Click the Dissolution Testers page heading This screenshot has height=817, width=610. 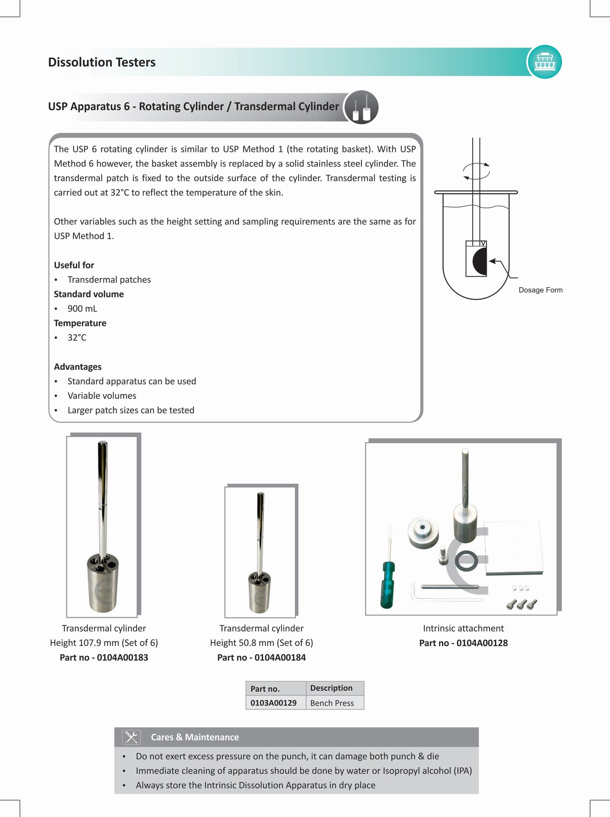tap(102, 62)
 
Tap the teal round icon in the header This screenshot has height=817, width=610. tap(545, 62)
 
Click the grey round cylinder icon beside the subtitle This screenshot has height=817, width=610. tap(361, 107)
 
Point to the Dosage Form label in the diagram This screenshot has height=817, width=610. tap(540, 290)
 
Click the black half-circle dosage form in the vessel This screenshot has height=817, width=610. tap(480, 262)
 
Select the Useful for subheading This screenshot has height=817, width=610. tap(74, 265)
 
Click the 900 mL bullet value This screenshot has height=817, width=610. tap(82, 309)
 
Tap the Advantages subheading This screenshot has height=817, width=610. tap(78, 367)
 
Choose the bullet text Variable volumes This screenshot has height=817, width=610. tap(102, 396)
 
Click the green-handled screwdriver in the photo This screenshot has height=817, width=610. tap(388, 584)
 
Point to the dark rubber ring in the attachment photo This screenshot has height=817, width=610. tap(466, 561)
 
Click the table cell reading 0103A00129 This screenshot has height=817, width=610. tap(274, 703)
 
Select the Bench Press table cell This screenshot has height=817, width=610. tap(332, 703)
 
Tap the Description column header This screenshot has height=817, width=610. tap(331, 688)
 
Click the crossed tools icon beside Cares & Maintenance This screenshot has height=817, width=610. tap(131, 737)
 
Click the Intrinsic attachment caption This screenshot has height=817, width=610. tap(463, 628)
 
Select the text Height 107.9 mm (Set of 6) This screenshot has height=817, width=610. tap(104, 643)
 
